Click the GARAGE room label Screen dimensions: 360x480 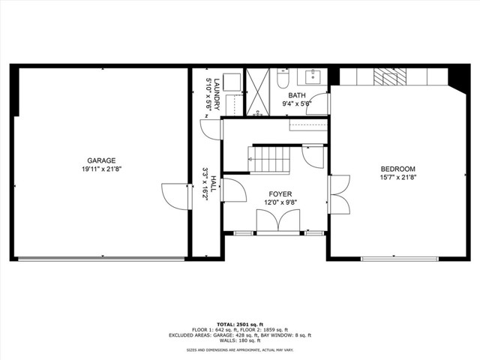coord(100,160)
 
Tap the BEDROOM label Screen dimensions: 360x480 coord(397,169)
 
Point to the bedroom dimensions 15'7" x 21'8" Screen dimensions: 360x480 coord(397,178)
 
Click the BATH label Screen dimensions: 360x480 coord(297,95)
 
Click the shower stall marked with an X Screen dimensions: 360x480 coord(258,93)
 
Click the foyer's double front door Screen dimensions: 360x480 coord(277,221)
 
